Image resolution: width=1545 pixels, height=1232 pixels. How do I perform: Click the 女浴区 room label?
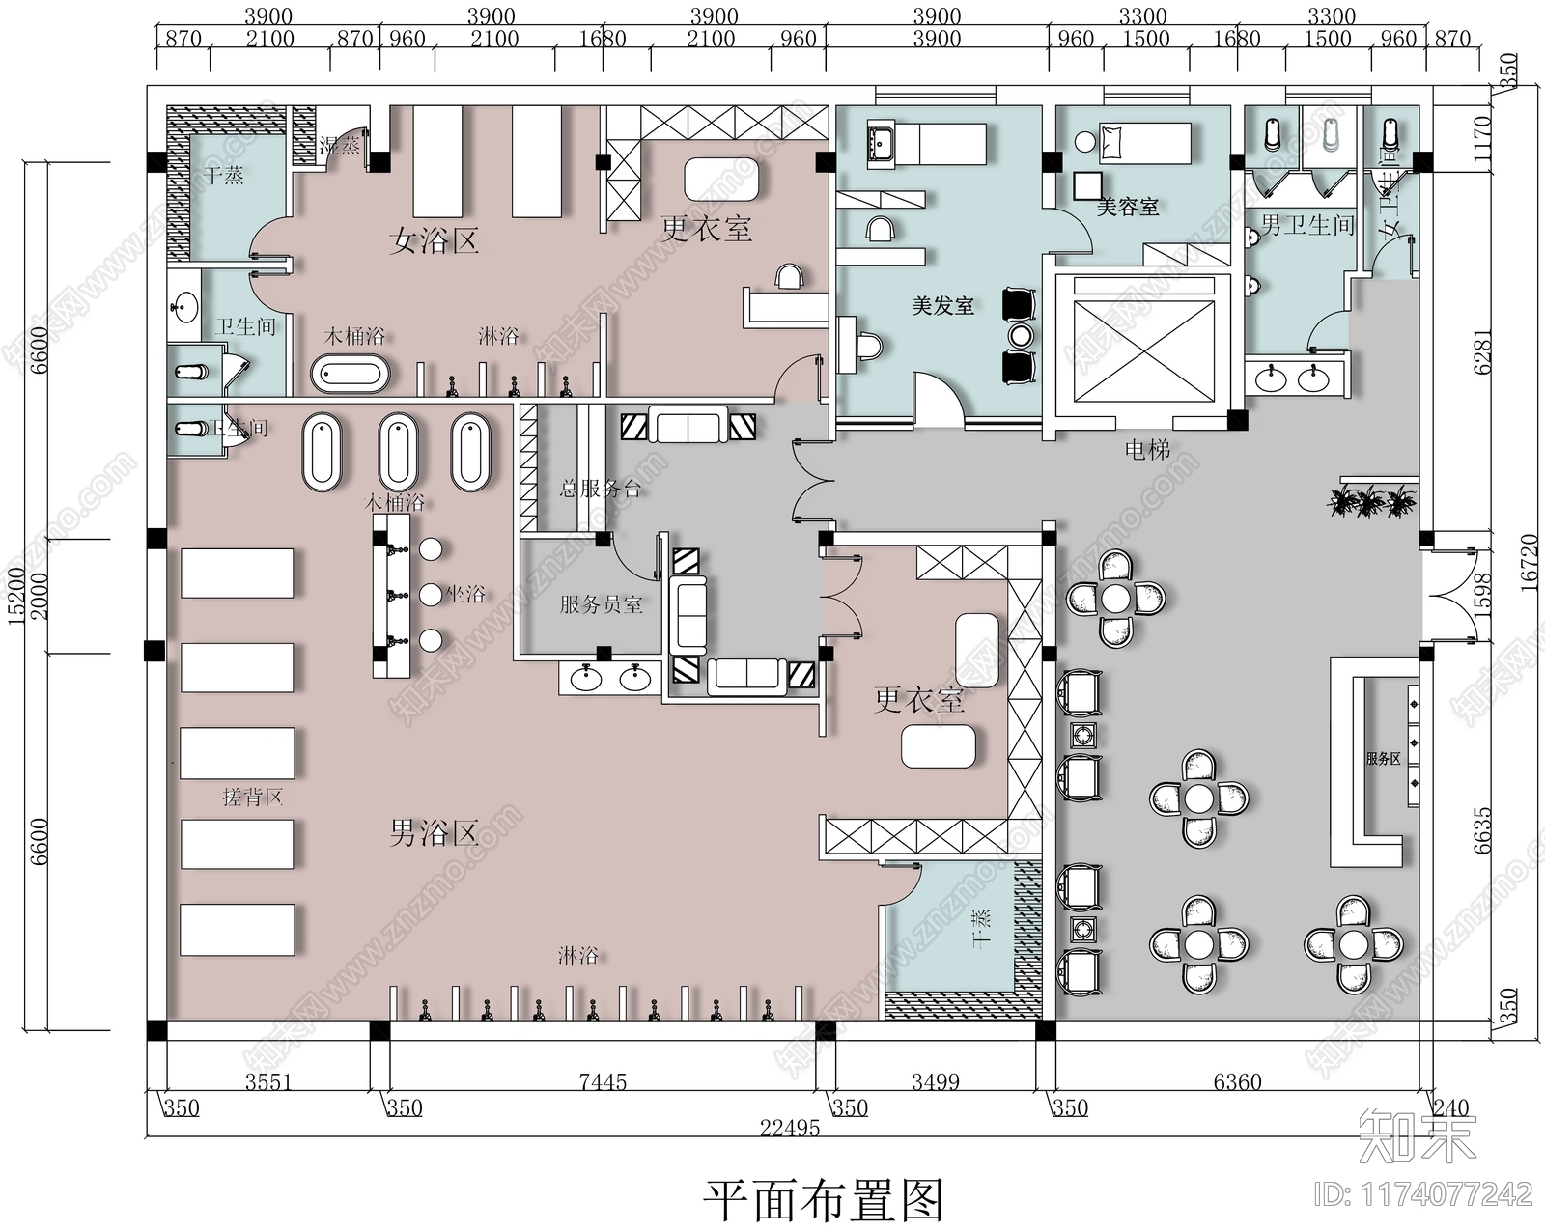(x=434, y=240)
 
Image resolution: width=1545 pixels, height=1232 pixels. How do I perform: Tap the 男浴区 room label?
(x=434, y=832)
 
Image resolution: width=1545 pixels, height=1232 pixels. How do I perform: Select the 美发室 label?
(x=942, y=306)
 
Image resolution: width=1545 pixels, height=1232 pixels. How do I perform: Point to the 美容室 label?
(x=1127, y=206)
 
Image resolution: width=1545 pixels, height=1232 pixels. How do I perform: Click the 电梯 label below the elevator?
(x=1147, y=449)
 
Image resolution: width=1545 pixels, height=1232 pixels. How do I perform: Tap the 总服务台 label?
(x=600, y=489)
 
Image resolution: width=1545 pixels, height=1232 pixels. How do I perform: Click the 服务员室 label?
(x=601, y=605)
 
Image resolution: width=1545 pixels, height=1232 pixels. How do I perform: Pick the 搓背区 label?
(x=252, y=797)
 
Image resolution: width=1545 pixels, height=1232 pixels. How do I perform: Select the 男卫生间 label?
(x=1307, y=226)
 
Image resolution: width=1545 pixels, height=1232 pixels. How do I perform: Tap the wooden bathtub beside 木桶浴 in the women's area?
(x=350, y=374)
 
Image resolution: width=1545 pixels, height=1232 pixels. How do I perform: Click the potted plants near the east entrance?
(x=1371, y=501)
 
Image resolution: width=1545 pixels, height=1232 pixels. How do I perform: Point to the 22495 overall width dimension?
(x=789, y=1128)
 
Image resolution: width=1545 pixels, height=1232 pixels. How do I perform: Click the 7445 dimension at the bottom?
(x=603, y=1082)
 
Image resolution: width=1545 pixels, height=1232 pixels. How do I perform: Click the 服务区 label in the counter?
(x=1383, y=759)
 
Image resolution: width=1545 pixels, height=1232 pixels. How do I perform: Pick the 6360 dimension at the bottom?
(x=1237, y=1082)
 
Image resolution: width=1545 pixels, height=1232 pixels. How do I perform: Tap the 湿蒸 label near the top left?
(x=339, y=146)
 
